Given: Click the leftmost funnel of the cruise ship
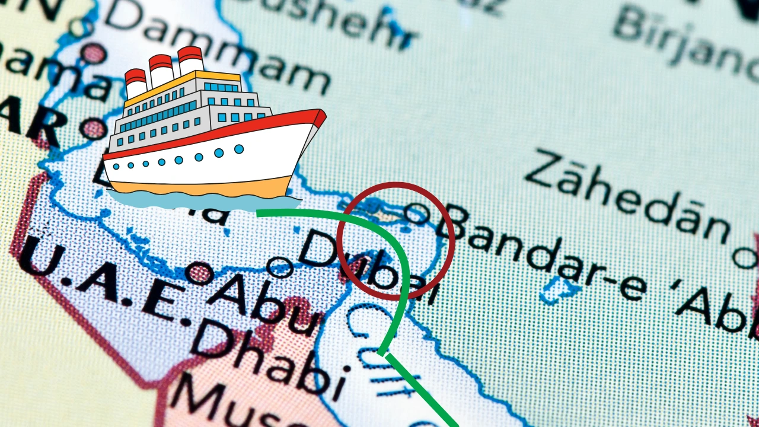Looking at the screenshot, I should (136, 83).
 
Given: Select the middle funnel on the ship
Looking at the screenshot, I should (161, 70).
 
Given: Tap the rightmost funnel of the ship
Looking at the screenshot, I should (190, 60).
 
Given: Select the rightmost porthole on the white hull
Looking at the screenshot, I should (239, 149).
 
